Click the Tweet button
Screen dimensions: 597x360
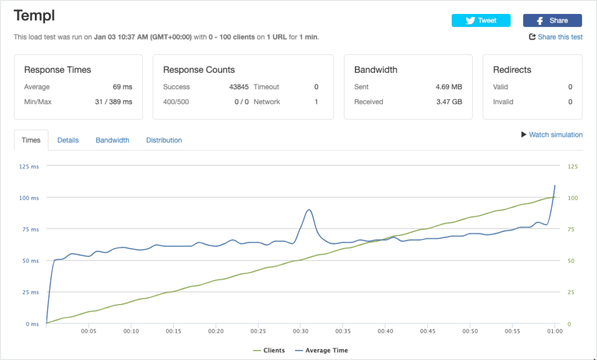481,20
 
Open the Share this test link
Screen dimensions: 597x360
556,37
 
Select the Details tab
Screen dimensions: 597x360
68,140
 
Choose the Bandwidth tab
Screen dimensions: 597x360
113,140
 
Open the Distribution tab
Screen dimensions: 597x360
164,140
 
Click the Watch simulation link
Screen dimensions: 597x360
552,135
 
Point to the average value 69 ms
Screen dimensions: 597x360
122,87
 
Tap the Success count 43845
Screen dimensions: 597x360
238,87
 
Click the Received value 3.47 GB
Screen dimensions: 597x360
449,101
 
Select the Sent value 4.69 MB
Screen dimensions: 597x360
449,87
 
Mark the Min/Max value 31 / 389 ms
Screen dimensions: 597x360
114,101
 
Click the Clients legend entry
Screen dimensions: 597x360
269,351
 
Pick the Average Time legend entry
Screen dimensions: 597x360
321,351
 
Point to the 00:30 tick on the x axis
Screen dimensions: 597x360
300,331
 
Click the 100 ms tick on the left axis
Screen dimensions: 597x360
29,198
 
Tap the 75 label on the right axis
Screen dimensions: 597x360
571,230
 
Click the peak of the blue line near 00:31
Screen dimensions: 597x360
309,210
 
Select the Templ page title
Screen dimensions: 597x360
34,16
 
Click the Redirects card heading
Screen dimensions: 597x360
512,70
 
